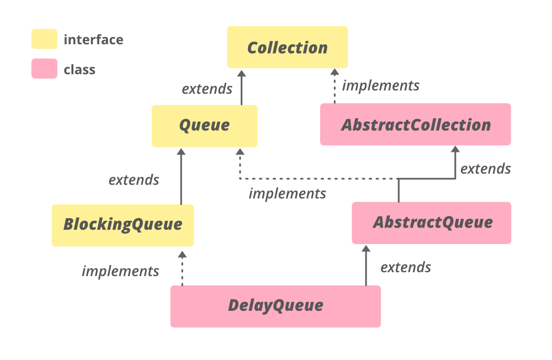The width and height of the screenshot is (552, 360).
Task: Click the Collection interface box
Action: pyautogui.click(x=288, y=47)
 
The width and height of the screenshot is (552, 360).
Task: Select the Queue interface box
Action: pyautogui.click(x=204, y=125)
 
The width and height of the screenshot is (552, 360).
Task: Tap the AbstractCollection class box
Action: pyautogui.click(x=415, y=124)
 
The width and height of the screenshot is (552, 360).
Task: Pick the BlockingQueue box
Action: pyautogui.click(x=123, y=225)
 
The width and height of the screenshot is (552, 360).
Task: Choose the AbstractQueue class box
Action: pyautogui.click(x=432, y=223)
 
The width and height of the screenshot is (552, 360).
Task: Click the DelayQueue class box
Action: pyautogui.click(x=275, y=306)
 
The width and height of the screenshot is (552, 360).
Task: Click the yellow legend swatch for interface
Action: pyautogui.click(x=44, y=39)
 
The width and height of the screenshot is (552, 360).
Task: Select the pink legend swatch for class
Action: pyautogui.click(x=44, y=69)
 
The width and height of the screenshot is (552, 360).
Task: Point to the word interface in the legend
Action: pyautogui.click(x=93, y=40)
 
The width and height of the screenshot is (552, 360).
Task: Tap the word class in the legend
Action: pyautogui.click(x=79, y=70)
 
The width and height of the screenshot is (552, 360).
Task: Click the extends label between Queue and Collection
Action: pyautogui.click(x=207, y=89)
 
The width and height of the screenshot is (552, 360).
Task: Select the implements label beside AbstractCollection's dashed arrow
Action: pyautogui.click(x=381, y=86)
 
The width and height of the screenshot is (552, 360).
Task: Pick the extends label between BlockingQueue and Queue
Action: pyautogui.click(x=134, y=180)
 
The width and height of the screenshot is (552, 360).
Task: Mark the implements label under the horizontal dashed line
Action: pyautogui.click(x=287, y=194)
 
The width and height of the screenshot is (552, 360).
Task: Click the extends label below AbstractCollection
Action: pyautogui.click(x=486, y=168)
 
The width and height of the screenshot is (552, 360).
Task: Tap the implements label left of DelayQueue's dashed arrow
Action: pyautogui.click(x=120, y=271)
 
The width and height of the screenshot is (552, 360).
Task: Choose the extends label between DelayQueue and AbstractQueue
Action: pyautogui.click(x=406, y=267)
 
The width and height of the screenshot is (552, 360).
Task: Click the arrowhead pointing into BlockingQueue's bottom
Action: pyautogui.click(x=182, y=254)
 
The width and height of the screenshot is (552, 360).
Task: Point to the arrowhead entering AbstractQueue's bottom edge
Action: pyautogui.click(x=365, y=249)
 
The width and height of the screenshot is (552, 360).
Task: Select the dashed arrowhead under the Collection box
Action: pyautogui.click(x=334, y=71)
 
